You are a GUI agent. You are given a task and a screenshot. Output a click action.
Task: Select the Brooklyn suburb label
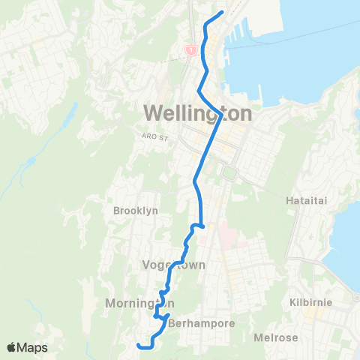(x=135, y=211)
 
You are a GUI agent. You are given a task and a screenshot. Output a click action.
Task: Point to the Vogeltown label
(x=173, y=265)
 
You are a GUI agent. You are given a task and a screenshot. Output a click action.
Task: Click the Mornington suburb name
(x=130, y=303)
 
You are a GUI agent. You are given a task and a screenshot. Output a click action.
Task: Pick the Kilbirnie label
(x=310, y=302)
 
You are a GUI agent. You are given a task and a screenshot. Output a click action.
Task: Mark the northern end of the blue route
(x=223, y=13)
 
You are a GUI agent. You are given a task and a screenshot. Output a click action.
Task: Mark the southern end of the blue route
(x=138, y=345)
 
